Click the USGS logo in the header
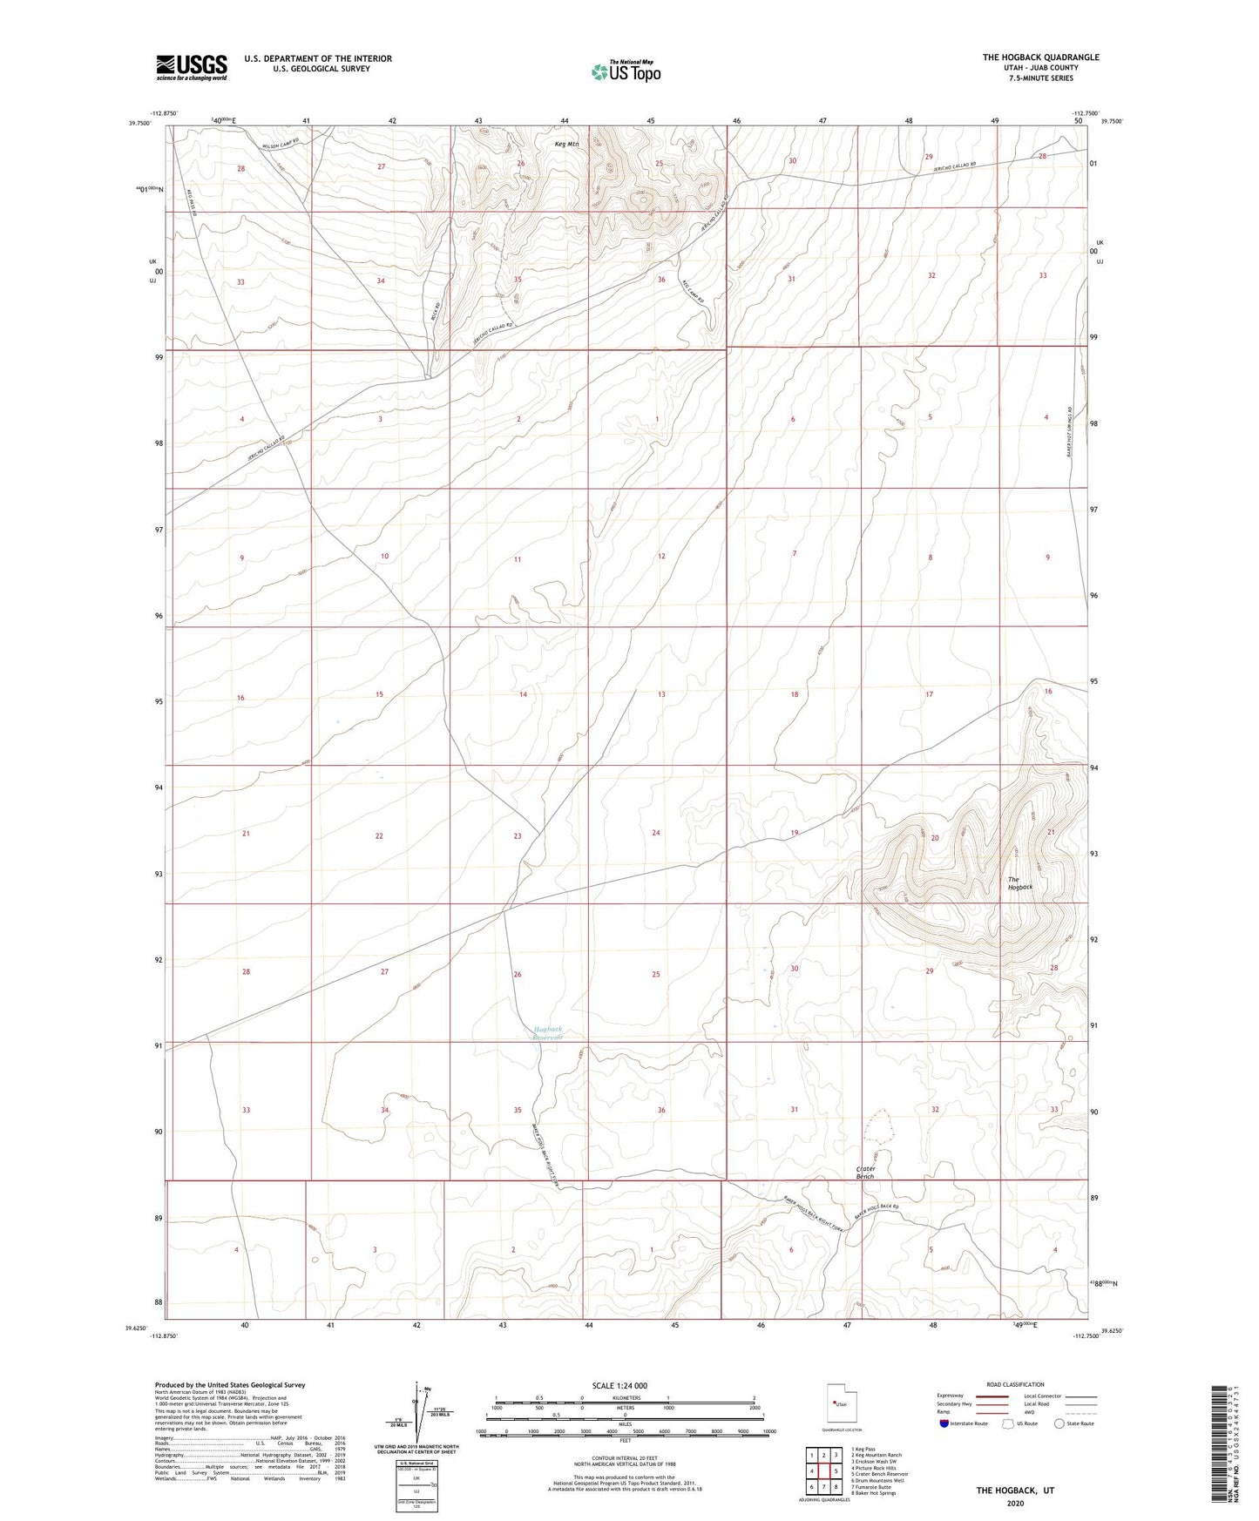click(191, 67)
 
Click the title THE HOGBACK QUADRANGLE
click(1040, 57)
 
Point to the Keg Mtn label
click(566, 145)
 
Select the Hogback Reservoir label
click(548, 1033)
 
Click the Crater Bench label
click(864, 1173)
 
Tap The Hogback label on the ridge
click(1020, 883)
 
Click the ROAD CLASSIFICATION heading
click(1015, 1384)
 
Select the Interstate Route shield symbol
click(945, 1423)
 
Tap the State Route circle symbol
click(1059, 1423)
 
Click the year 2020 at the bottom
click(1015, 1503)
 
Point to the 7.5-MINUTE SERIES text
click(1040, 78)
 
